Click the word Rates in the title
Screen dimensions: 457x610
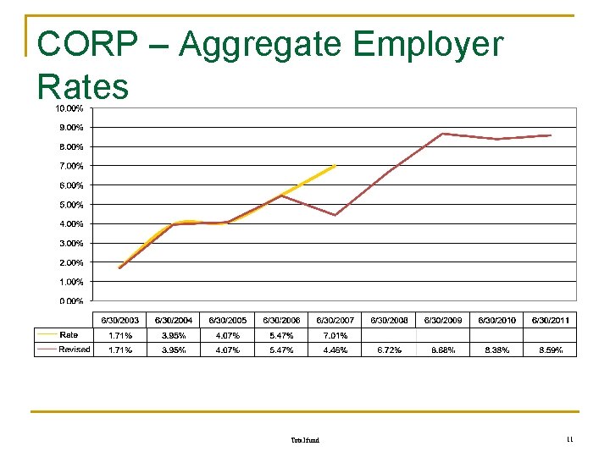(x=83, y=86)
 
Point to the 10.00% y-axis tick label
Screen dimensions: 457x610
(x=69, y=108)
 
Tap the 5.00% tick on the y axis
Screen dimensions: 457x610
(x=70, y=205)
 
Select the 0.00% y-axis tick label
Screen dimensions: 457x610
(x=70, y=300)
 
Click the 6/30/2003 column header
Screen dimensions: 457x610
(x=119, y=321)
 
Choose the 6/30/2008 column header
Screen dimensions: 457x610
(x=389, y=321)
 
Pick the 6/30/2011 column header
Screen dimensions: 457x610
(x=550, y=321)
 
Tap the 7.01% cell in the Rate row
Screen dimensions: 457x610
(x=335, y=335)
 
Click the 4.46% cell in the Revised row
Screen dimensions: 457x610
(x=335, y=350)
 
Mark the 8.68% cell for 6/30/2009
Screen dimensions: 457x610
(x=442, y=350)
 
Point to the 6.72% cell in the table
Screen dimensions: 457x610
(x=389, y=350)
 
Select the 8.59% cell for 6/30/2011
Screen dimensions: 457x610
(x=550, y=350)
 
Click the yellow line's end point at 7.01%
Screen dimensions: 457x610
(x=336, y=166)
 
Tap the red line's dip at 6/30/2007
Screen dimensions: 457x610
(x=335, y=215)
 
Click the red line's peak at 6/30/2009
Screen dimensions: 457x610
(x=443, y=134)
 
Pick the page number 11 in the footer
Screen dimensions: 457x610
(x=569, y=439)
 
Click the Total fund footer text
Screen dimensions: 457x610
(x=305, y=440)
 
